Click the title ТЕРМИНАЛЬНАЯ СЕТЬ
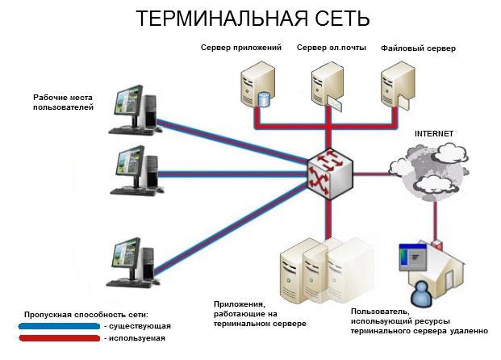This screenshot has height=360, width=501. coord(253,19)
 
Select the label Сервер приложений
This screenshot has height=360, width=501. coord(241,48)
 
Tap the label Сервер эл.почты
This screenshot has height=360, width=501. coord(332,48)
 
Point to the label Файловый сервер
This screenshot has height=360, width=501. coord(418,48)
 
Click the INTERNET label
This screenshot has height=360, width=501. coord(434,134)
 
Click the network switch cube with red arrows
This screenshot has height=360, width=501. coord(330,174)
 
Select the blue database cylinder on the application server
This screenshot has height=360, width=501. coord(264,99)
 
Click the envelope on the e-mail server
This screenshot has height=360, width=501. coord(334,104)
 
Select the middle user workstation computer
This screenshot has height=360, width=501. coord(136,170)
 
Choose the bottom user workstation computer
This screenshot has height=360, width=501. coord(133,262)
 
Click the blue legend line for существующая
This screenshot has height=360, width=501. coord(60,326)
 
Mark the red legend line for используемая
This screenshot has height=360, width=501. coord(60,338)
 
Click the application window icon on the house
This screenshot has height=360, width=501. coord(413,257)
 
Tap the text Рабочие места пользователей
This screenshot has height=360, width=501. coord(63,103)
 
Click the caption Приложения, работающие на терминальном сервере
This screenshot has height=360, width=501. coord(260,314)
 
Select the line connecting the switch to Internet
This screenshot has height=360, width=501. coord(371,174)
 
